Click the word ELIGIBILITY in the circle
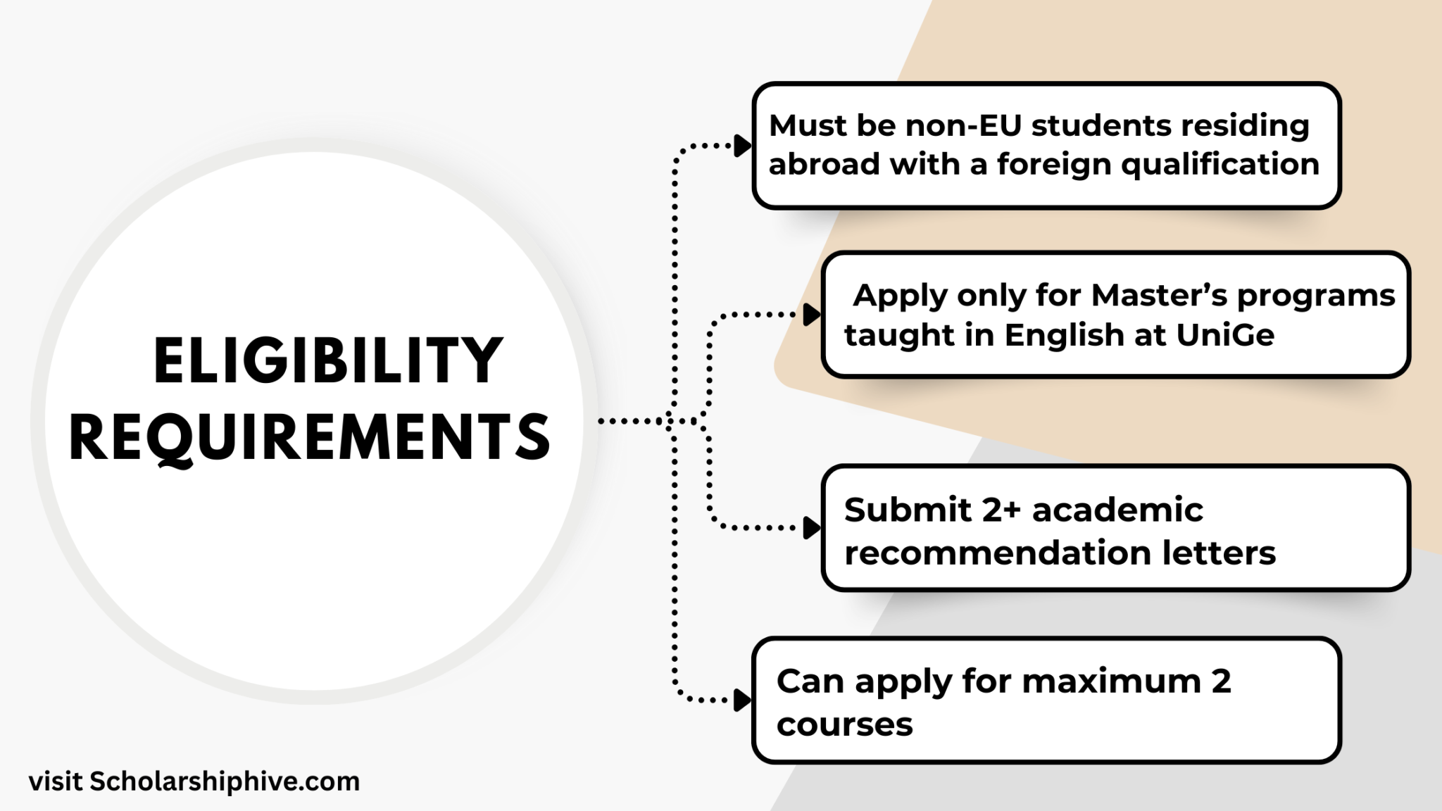328,360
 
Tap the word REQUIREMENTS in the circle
310,437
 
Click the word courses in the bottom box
844,725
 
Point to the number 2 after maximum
1222,681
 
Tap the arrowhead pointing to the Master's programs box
812,315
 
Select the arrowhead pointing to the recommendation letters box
812,527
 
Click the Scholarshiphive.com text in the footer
225,782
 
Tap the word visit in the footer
56,781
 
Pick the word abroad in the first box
825,165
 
